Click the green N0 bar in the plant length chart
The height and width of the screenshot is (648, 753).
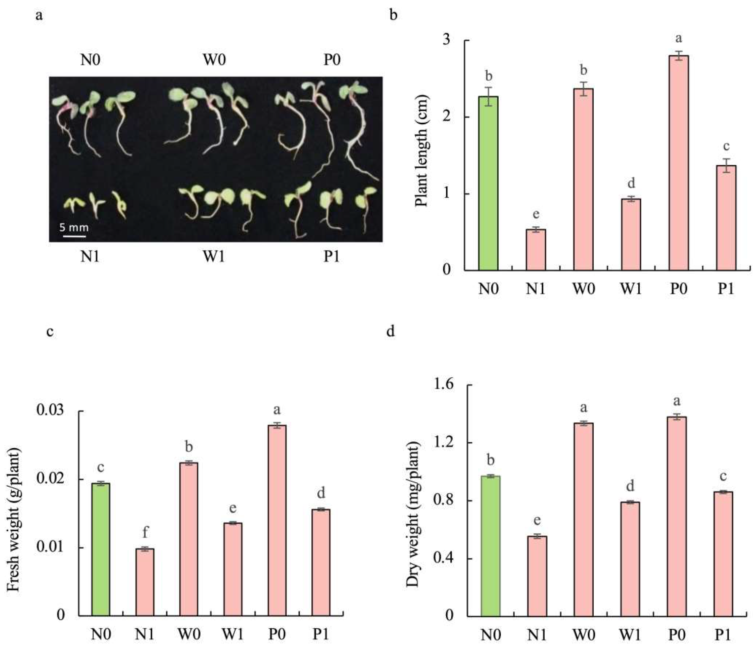click(488, 183)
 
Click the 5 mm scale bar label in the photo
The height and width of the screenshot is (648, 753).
click(74, 228)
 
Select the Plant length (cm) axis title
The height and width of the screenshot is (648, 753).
click(421, 151)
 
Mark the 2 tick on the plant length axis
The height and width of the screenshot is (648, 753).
click(454, 117)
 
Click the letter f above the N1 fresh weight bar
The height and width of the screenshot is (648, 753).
click(145, 533)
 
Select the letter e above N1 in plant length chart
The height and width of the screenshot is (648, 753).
click(536, 214)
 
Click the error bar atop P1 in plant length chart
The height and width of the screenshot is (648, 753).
click(726, 166)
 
